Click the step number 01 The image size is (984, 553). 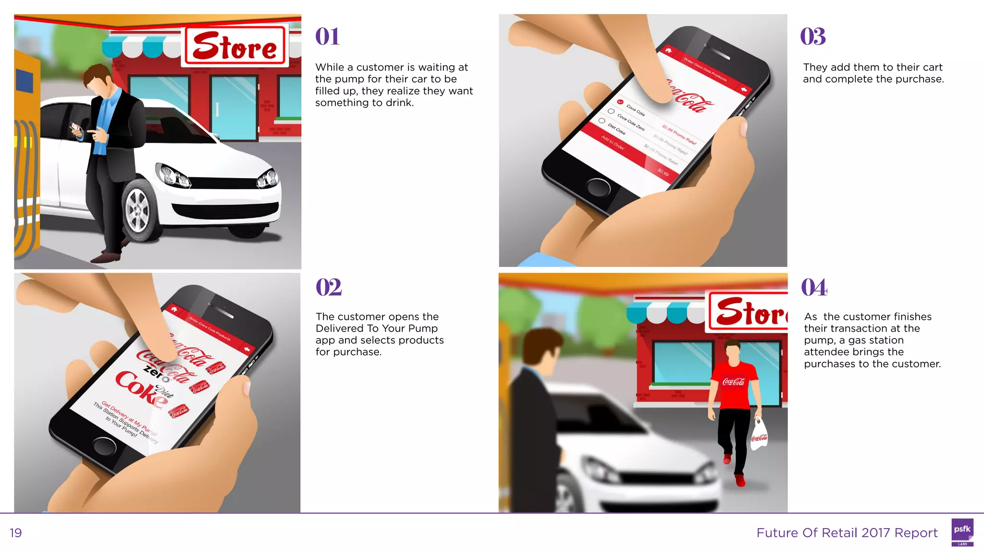327,37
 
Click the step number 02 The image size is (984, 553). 329,287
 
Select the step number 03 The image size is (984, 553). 813,37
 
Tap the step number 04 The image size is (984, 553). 814,288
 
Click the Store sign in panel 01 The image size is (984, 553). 235,46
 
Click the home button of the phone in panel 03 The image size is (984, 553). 598,188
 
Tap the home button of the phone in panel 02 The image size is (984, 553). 104,446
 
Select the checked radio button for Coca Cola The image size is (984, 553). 620,102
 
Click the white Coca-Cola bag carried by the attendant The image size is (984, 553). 759,435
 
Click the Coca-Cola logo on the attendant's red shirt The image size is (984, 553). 734,382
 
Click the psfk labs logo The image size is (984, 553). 962,532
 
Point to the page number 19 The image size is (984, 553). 16,533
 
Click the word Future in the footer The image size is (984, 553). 774,533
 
